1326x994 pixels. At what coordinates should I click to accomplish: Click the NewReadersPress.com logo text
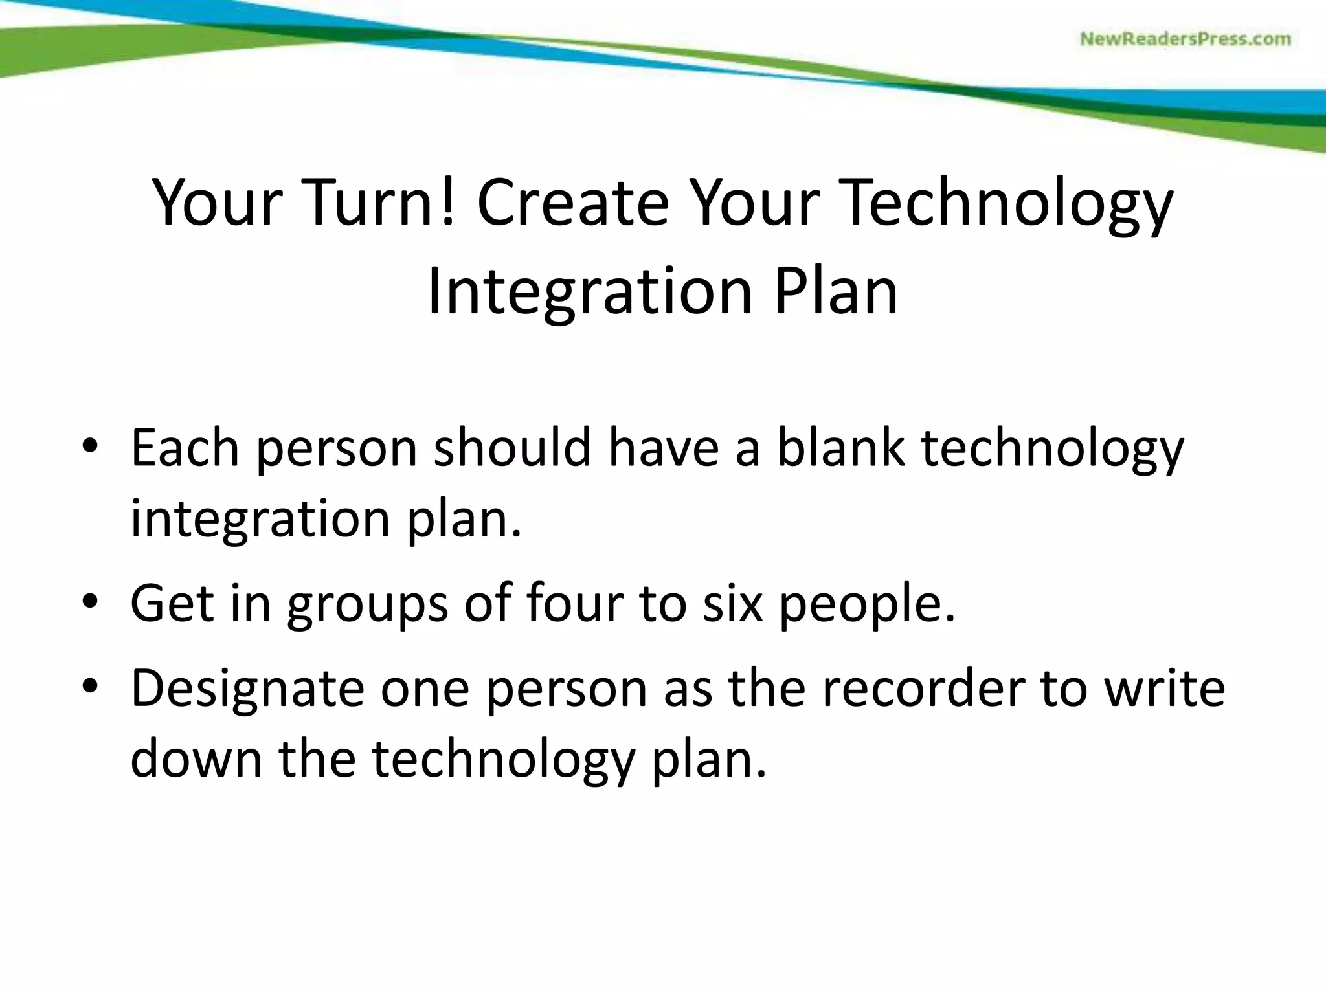pyautogui.click(x=1185, y=39)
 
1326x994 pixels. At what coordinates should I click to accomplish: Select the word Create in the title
pyautogui.click(x=572, y=202)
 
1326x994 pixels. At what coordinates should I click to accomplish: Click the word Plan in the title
pyautogui.click(x=835, y=291)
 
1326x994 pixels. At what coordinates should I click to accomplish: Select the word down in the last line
pyautogui.click(x=196, y=758)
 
